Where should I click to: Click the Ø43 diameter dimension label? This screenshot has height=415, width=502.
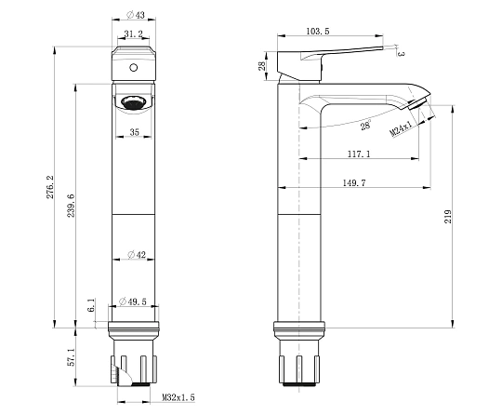tap(136, 15)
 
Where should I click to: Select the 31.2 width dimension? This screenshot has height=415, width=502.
tap(134, 33)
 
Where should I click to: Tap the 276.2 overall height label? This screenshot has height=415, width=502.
tap(50, 187)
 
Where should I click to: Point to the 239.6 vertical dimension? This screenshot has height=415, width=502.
tap(71, 206)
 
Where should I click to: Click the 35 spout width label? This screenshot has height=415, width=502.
tap(135, 132)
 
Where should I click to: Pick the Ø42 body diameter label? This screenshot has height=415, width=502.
tap(137, 255)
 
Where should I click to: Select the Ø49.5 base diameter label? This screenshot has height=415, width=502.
tap(133, 301)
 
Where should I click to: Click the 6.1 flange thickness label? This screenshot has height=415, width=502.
tap(91, 305)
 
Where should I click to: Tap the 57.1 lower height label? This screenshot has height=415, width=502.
tap(71, 357)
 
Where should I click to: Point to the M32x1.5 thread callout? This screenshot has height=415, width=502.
tap(178, 397)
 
